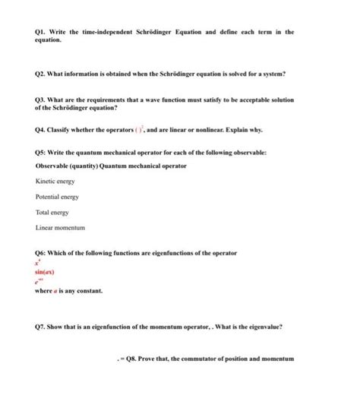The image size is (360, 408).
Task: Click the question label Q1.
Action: pos(42,33)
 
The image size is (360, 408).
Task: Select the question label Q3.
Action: pos(42,100)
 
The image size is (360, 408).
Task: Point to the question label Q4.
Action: pos(42,131)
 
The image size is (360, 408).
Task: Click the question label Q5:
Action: pos(43,153)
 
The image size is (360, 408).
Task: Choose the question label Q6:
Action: pos(43,252)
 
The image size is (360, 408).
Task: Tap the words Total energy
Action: pos(54,213)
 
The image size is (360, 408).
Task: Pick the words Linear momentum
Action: pos(60,228)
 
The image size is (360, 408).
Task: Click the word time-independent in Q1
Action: pos(109,33)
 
